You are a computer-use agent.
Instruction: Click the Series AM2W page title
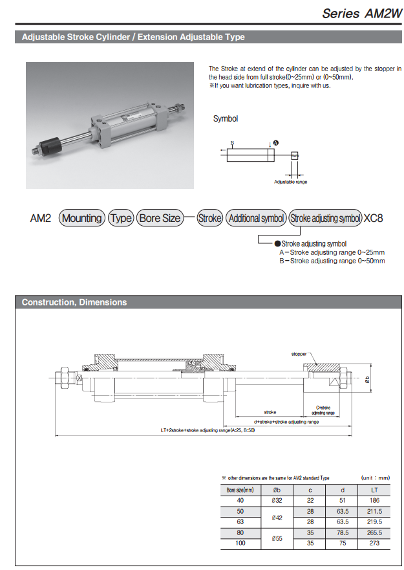click(358, 13)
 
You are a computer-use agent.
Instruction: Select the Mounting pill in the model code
click(82, 218)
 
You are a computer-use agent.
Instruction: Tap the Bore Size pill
click(159, 218)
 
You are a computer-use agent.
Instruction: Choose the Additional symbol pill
click(257, 218)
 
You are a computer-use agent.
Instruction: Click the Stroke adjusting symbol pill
click(325, 218)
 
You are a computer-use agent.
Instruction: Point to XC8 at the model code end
click(374, 218)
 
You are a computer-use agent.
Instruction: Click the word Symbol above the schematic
click(226, 118)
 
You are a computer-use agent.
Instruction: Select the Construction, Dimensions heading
click(74, 302)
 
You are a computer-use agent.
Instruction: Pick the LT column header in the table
click(374, 490)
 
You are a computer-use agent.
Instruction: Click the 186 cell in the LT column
click(374, 500)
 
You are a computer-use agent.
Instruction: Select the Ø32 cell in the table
click(277, 500)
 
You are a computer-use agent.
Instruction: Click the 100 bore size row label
click(240, 544)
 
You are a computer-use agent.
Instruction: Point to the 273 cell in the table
click(374, 544)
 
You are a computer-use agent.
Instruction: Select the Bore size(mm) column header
click(240, 490)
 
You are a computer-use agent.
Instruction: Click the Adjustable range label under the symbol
click(290, 182)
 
